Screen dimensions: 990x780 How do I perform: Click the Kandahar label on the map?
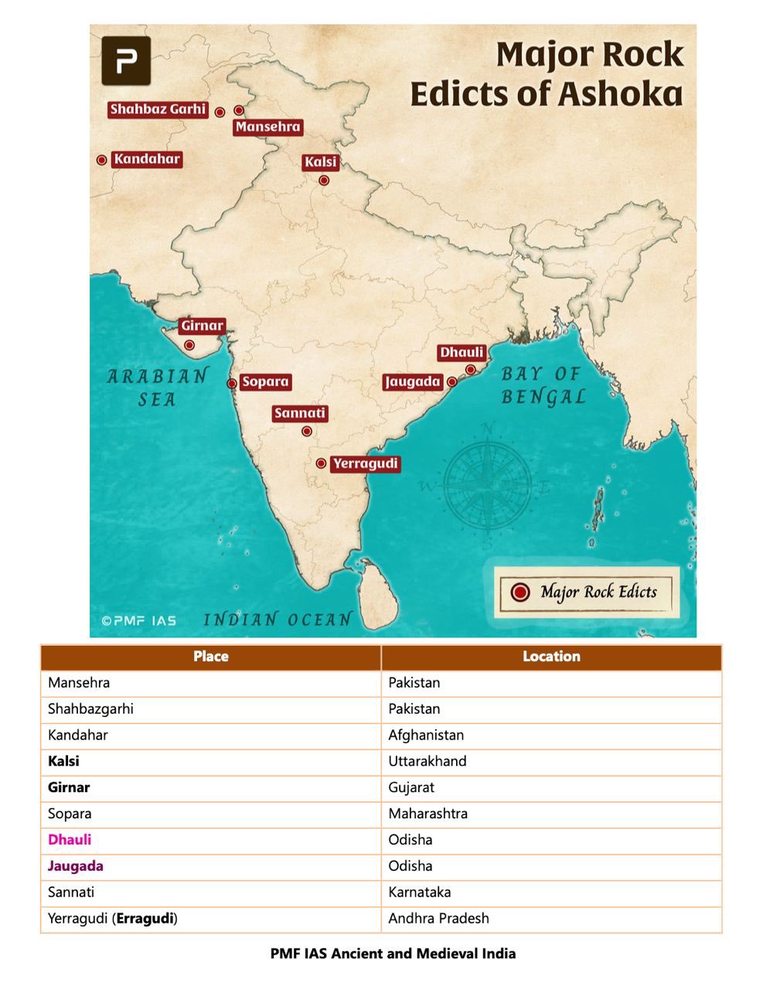(147, 159)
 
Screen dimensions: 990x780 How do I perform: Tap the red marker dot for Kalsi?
(324, 180)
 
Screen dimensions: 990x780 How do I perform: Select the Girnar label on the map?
(203, 326)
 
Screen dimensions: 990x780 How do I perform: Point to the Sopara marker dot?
(231, 383)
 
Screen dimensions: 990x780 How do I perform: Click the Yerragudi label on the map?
(365, 464)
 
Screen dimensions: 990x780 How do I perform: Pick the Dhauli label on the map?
(462, 353)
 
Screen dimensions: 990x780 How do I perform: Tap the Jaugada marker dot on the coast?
(452, 381)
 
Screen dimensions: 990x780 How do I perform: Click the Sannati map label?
(300, 413)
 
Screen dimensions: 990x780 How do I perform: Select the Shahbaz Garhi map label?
(158, 109)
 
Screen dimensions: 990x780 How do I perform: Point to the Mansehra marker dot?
(239, 111)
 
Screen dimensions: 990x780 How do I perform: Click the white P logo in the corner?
(126, 60)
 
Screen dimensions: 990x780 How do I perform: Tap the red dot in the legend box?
(520, 592)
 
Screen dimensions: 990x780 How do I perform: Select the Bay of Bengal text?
(543, 385)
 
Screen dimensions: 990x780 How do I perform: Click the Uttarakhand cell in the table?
(427, 761)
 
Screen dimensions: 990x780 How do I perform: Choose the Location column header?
(551, 657)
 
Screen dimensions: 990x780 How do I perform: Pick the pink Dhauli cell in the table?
(70, 840)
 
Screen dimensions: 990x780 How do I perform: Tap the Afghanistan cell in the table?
(426, 735)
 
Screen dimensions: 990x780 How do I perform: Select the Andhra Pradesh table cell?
(438, 919)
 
